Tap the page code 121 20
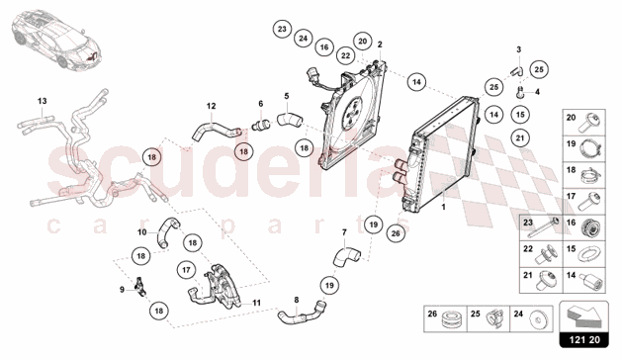tap(587, 340)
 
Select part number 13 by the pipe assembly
tap(43, 101)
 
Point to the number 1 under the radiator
tap(444, 209)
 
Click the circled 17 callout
tap(186, 268)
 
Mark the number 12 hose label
tap(211, 106)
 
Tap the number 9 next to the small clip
tap(123, 289)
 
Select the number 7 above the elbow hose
tap(343, 233)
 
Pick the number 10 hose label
tap(141, 232)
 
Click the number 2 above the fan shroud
tap(379, 45)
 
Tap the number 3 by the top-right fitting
tap(517, 48)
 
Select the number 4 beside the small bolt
tap(537, 92)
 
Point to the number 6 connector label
tap(261, 104)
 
